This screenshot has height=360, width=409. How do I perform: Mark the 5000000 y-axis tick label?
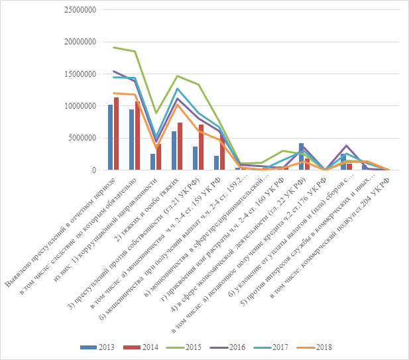(x=82, y=138)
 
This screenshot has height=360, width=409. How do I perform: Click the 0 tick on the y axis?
(x=95, y=170)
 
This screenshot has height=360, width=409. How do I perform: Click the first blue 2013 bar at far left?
(x=111, y=137)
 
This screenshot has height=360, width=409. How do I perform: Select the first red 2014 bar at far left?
(x=117, y=134)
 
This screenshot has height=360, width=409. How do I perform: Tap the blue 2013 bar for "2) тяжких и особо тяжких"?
(x=174, y=150)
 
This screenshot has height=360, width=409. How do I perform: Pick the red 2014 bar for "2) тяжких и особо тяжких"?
(x=180, y=147)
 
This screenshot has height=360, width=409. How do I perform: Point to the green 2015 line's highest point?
(x=113, y=48)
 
